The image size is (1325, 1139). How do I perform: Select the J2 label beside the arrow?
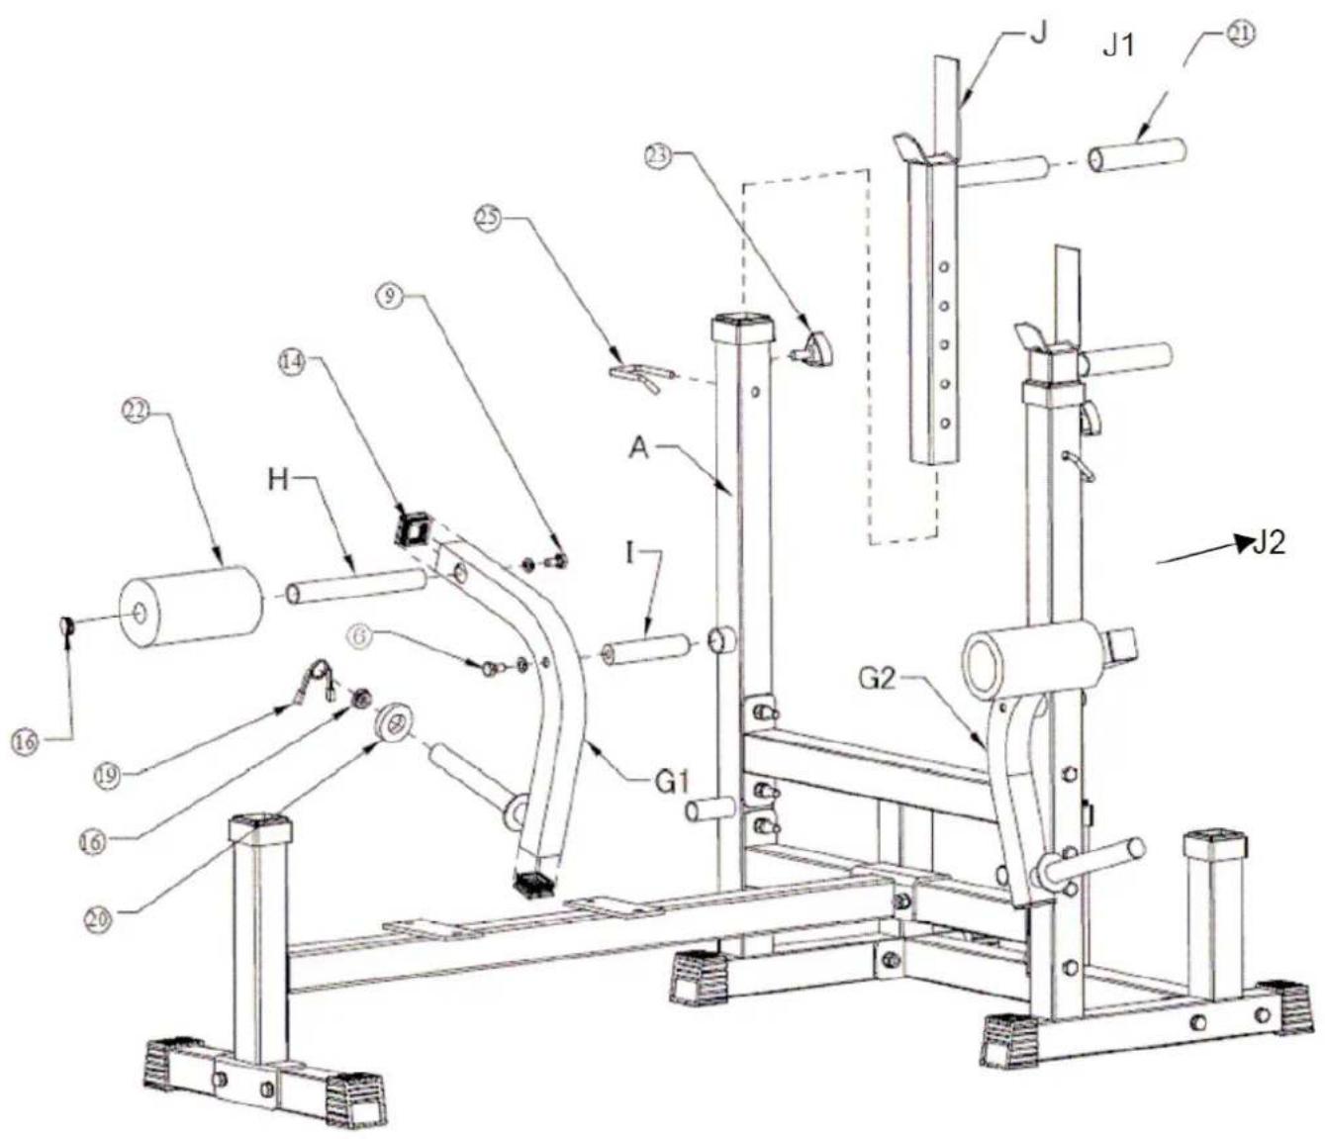click(1269, 543)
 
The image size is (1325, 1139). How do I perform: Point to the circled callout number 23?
click(658, 155)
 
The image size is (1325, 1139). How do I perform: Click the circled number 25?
click(487, 216)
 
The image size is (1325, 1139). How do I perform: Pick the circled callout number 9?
click(390, 296)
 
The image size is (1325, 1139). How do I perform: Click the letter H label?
click(281, 480)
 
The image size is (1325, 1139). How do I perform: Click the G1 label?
click(671, 782)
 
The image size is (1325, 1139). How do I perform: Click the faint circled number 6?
click(361, 637)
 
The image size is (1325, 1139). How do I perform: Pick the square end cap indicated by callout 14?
click(414, 525)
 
